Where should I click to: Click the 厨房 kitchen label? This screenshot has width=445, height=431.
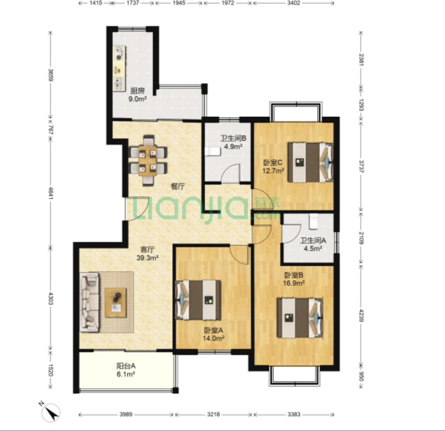(137, 91)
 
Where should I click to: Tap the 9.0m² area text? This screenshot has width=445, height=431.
(137, 99)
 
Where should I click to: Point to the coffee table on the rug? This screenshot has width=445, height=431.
(116, 303)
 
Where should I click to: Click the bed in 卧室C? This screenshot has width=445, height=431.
(310, 162)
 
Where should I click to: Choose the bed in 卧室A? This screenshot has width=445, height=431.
(198, 300)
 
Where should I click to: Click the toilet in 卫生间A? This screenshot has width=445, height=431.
(313, 221)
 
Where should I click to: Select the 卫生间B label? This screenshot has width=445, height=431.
(233, 139)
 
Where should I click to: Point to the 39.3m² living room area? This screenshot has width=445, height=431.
(147, 258)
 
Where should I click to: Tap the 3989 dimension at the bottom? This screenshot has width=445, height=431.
(126, 414)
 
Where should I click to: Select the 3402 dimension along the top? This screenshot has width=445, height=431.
(293, 3)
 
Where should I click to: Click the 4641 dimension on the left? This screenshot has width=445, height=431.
(51, 193)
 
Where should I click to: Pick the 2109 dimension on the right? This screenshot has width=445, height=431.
(361, 238)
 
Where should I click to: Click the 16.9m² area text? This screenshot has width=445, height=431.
(294, 283)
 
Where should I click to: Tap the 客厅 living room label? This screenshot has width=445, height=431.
(147, 250)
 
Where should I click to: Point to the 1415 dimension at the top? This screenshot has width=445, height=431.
(96, 3)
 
